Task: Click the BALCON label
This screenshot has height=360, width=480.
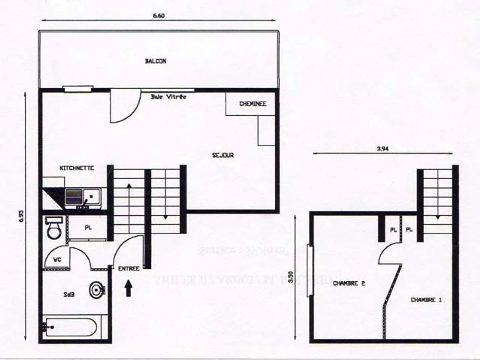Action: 156,62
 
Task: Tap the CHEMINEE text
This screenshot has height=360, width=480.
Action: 252,104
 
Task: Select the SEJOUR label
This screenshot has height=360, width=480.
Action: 223,155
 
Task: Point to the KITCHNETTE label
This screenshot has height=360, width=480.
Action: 77,168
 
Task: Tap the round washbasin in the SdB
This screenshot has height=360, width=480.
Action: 97,290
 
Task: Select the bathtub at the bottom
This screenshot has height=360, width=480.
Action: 70,328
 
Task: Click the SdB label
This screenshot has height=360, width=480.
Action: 68,295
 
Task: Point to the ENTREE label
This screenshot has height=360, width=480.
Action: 129,269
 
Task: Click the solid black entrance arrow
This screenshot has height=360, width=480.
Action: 128,288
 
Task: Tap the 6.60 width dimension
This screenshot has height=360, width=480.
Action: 159,16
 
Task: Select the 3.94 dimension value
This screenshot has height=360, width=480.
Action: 382,148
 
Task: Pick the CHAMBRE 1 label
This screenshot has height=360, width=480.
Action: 426,300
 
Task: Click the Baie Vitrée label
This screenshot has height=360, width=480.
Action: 168,97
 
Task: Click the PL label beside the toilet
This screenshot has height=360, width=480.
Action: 88,228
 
